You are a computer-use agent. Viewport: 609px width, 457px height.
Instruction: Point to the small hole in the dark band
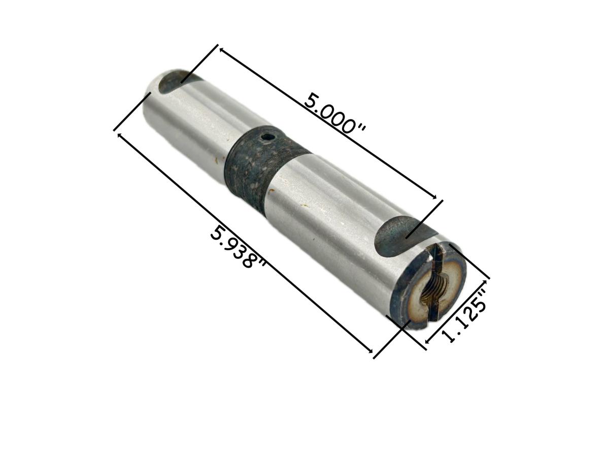(x=266, y=137)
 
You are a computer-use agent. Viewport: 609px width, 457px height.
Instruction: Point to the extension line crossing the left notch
(x=199, y=63)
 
